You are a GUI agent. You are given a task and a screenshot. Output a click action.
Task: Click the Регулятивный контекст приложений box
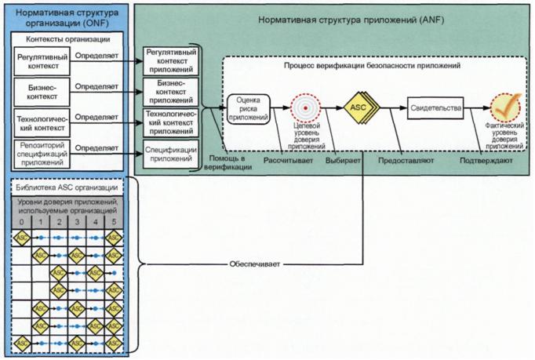170,60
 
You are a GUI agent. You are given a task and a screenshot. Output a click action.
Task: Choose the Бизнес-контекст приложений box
170,90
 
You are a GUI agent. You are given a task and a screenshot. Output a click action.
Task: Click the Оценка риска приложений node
248,107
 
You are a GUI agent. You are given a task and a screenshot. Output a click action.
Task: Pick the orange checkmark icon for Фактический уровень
503,107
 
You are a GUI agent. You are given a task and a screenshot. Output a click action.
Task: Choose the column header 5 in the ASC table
114,222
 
